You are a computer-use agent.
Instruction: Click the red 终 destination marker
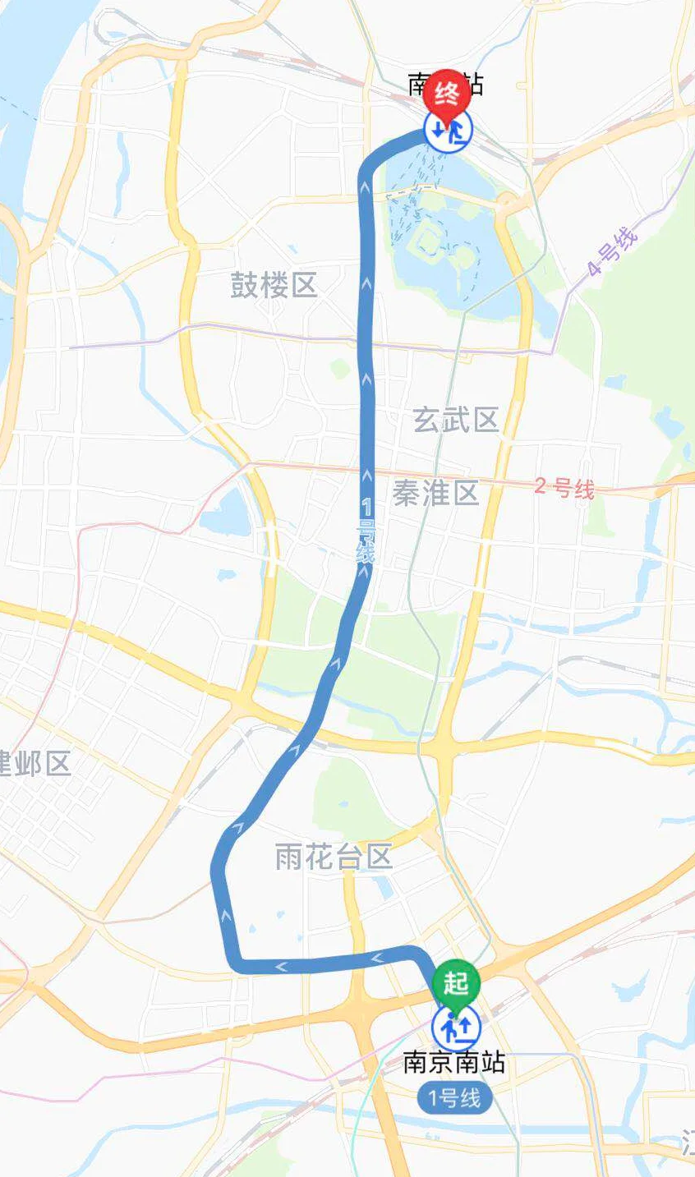[x=447, y=94]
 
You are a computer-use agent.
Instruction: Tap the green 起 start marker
[x=455, y=982]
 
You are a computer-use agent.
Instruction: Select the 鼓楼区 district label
[x=274, y=287]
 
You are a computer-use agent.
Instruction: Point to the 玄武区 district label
[x=456, y=421]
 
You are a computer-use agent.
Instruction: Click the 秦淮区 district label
[x=435, y=494]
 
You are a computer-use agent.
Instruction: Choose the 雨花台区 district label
[x=334, y=857]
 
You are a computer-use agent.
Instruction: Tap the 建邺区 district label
[x=36, y=763]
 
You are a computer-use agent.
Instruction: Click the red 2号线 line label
[x=564, y=488]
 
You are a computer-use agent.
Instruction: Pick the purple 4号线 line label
[x=612, y=251]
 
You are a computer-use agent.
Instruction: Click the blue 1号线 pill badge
[x=454, y=1098]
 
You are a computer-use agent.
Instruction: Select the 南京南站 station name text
[x=453, y=1064]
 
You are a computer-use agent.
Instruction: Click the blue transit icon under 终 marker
[x=448, y=129]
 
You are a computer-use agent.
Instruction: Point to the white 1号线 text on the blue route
[x=366, y=532]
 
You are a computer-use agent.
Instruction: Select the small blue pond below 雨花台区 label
[x=385, y=887]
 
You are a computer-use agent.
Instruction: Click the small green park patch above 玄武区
[x=340, y=369]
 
